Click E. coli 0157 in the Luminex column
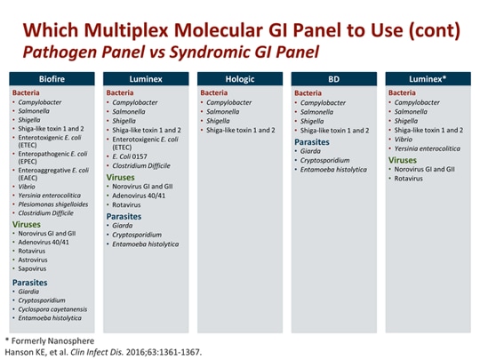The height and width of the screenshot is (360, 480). pos(130,156)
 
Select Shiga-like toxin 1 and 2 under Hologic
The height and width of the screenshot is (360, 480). pos(240,131)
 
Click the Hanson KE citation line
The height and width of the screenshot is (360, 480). pos(103,351)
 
